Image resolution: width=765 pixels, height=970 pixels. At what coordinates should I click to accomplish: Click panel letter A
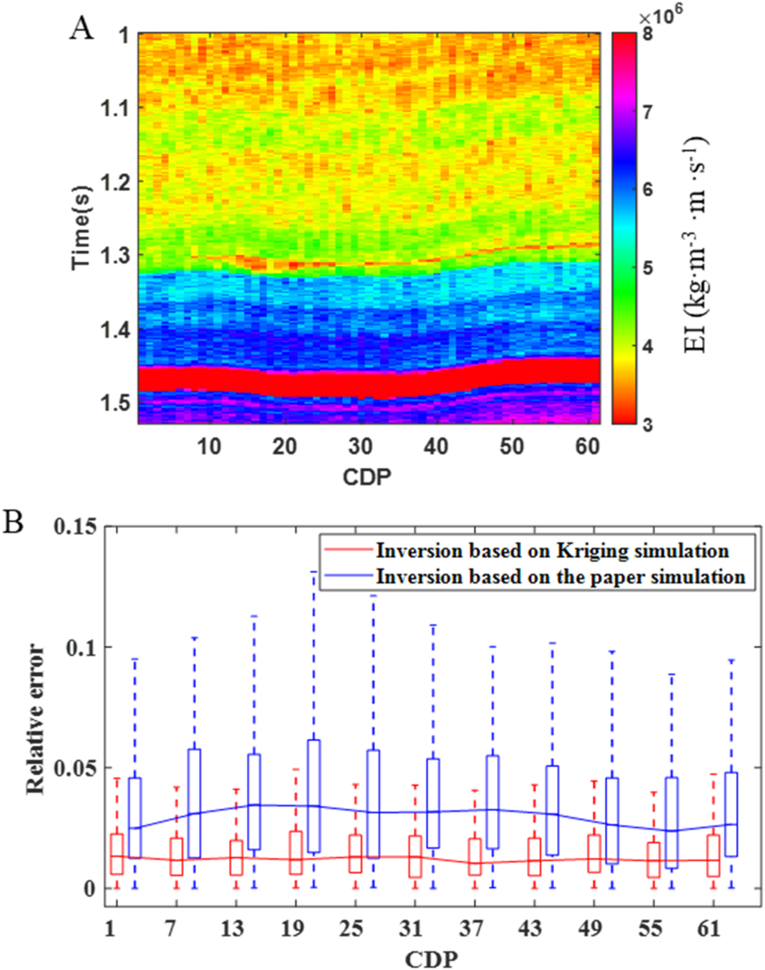pyautogui.click(x=81, y=28)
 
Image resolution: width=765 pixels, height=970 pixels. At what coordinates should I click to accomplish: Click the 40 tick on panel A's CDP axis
pyautogui.click(x=436, y=447)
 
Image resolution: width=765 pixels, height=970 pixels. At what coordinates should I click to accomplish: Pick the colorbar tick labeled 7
pyautogui.click(x=648, y=112)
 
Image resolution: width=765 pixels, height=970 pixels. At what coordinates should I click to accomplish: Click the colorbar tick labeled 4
pyautogui.click(x=648, y=347)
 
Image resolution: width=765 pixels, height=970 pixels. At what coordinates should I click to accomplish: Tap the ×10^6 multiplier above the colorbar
pyautogui.click(x=660, y=15)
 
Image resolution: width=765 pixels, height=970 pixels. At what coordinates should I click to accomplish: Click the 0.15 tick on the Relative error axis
pyautogui.click(x=75, y=527)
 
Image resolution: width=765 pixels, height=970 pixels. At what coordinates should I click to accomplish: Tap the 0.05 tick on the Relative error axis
pyautogui.click(x=75, y=768)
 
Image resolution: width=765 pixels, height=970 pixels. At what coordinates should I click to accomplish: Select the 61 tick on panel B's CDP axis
pyautogui.click(x=709, y=929)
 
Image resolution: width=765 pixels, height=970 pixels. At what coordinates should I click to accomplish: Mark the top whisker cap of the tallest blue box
pyautogui.click(x=314, y=571)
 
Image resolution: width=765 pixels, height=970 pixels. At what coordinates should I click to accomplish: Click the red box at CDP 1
pyautogui.click(x=117, y=854)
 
